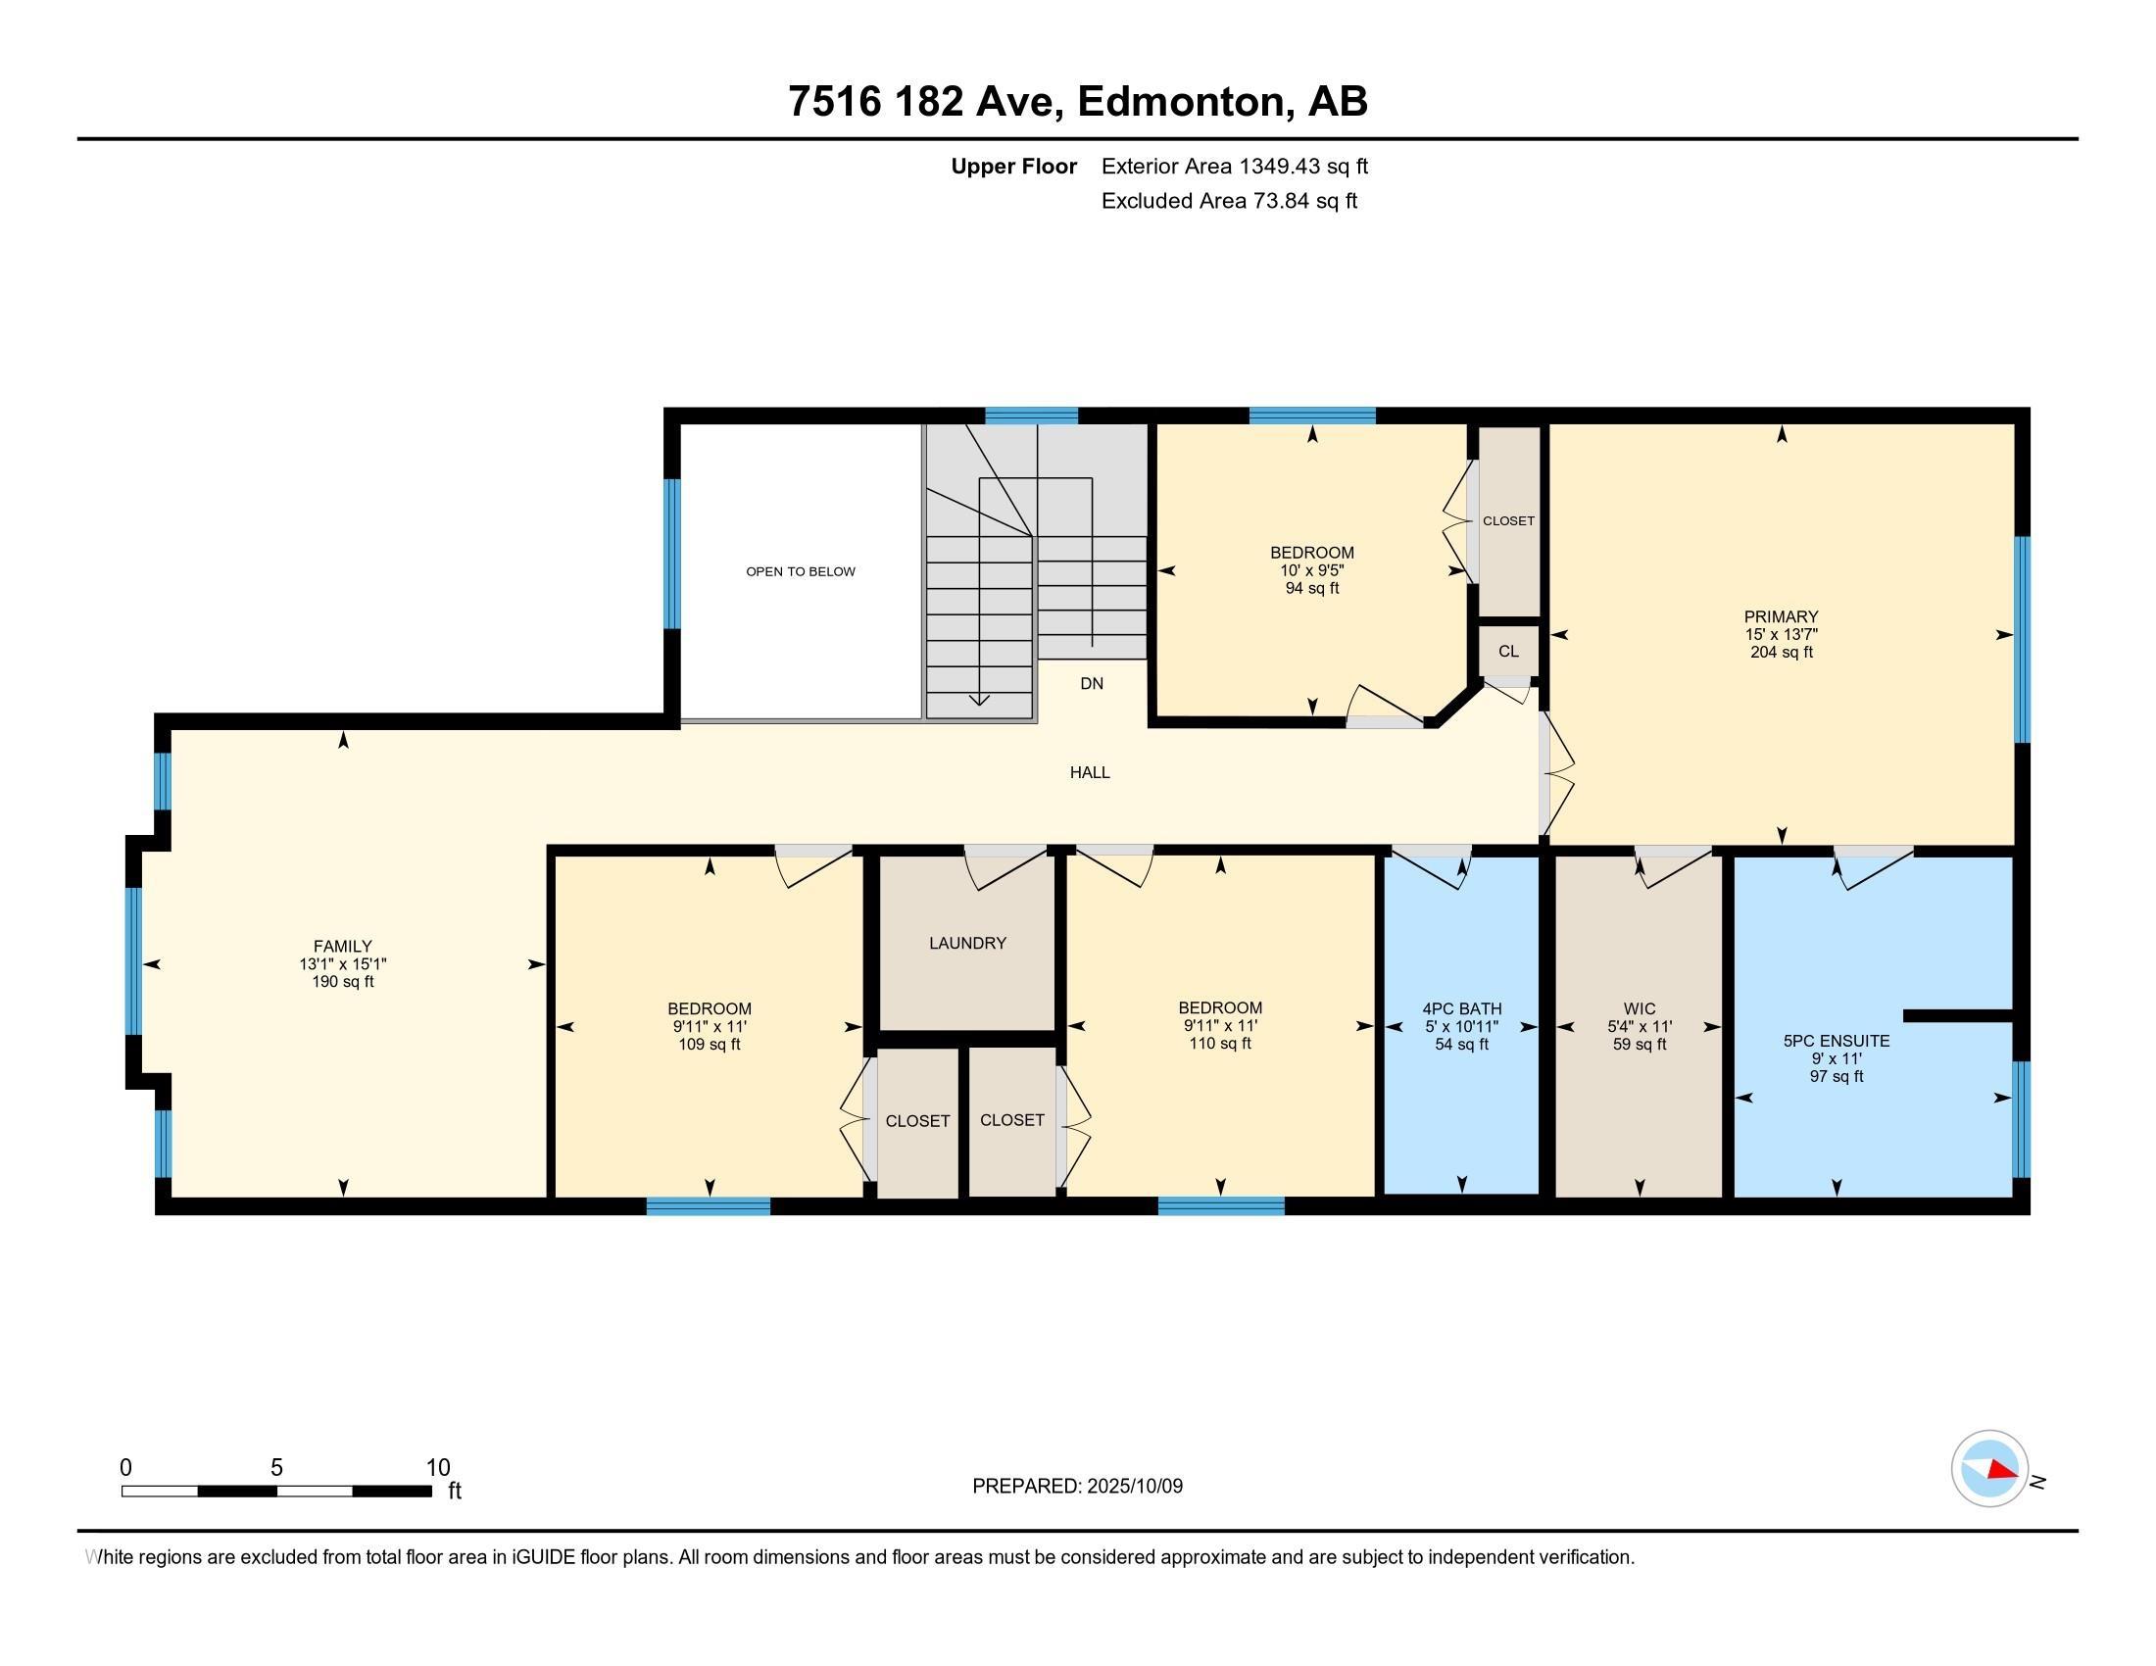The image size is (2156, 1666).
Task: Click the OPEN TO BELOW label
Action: [801, 571]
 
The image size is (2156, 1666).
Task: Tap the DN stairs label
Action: [1092, 683]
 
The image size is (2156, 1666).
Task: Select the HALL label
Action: [1090, 772]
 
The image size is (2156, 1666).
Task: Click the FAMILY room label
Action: [343, 947]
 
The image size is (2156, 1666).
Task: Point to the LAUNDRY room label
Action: [967, 943]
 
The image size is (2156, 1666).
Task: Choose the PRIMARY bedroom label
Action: [1781, 616]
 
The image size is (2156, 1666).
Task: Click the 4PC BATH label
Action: [1462, 1008]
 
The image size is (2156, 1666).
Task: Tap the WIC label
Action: [1640, 1008]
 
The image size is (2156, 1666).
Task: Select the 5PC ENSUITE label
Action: [1837, 1040]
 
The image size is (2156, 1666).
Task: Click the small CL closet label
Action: [1508, 652]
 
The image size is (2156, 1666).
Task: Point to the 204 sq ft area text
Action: [1781, 653]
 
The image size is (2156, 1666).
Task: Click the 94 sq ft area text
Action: [1312, 588]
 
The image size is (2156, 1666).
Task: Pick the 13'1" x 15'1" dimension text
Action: [343, 964]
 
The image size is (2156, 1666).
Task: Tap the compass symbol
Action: [1989, 1468]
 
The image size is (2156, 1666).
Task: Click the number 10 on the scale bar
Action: [437, 1468]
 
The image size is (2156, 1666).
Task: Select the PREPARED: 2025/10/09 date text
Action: [1077, 1487]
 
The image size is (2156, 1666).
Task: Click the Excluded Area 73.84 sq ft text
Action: [1229, 200]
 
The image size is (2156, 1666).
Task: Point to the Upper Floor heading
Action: [1014, 166]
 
